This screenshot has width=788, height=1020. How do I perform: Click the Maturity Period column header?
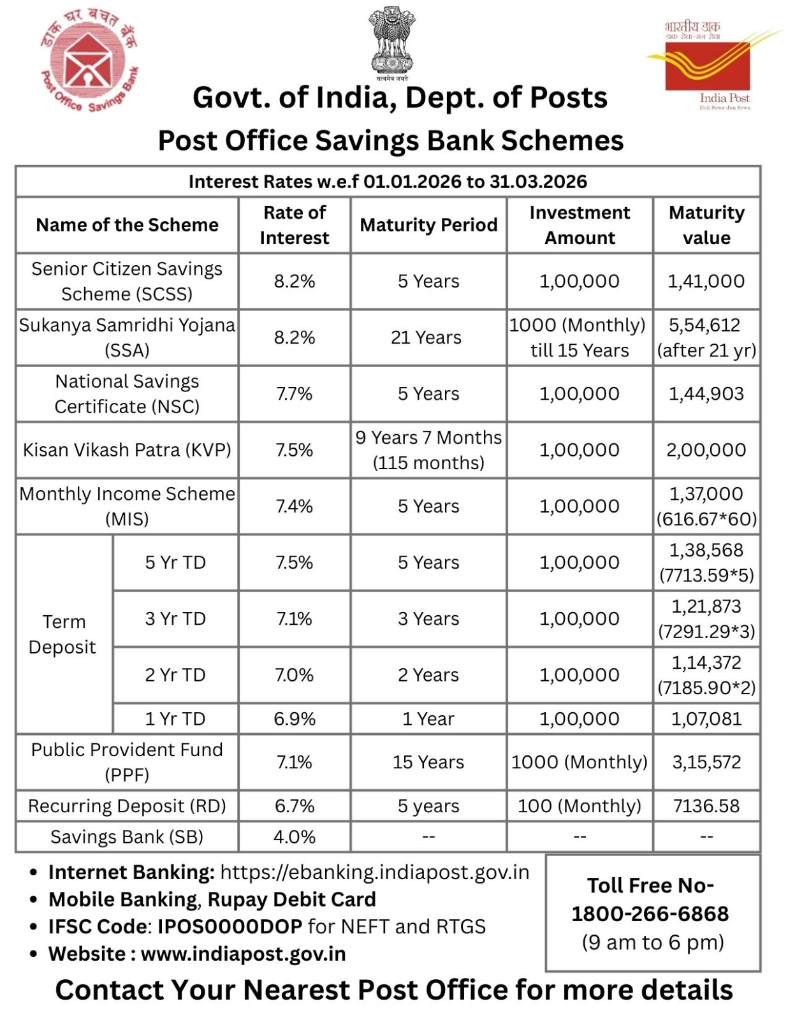(428, 225)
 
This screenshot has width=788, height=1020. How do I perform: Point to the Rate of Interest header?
(294, 225)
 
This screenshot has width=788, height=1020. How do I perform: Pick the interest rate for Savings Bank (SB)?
(294, 836)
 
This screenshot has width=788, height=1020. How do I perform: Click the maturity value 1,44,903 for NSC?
(706, 393)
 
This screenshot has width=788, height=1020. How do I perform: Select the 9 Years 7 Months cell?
(428, 449)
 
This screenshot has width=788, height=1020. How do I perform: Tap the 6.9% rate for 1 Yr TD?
(294, 718)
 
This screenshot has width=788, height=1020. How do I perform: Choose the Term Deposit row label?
(62, 634)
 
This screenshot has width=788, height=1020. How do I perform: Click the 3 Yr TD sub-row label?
(175, 618)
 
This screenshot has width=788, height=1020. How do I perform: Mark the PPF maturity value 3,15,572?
(706, 762)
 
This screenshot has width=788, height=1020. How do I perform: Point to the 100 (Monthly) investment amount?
(579, 806)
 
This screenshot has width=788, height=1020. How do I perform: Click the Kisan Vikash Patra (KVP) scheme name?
(127, 449)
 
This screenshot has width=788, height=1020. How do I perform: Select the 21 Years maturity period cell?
(426, 337)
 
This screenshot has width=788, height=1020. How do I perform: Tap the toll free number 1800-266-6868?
(650, 914)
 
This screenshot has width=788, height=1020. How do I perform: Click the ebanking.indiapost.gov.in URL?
(374, 871)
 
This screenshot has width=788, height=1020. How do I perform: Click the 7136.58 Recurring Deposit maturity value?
(706, 806)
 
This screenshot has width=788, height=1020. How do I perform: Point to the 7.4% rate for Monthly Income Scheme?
(294, 506)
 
